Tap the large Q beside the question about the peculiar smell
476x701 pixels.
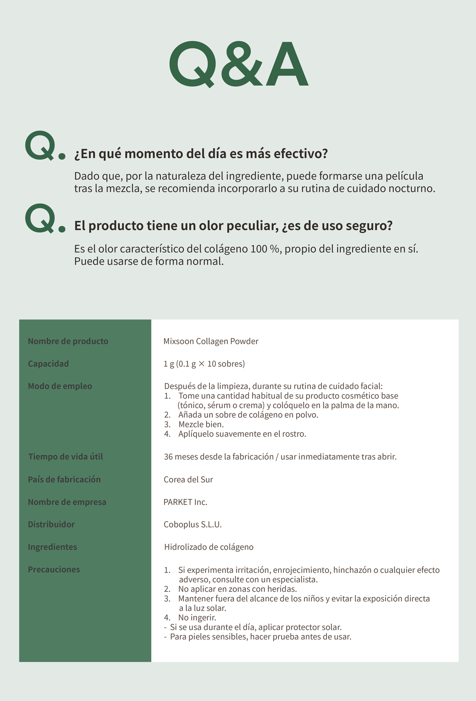click(x=40, y=218)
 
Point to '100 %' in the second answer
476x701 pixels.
click(x=265, y=249)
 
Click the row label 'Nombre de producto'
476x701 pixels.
click(x=68, y=341)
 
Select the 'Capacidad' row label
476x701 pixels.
click(x=48, y=364)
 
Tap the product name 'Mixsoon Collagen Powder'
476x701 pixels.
click(x=211, y=341)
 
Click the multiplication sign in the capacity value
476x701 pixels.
click(x=202, y=364)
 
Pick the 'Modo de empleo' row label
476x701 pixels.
click(x=60, y=386)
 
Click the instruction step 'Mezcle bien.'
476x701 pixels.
click(x=201, y=424)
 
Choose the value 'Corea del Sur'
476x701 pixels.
click(x=188, y=480)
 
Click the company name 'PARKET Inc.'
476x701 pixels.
click(x=186, y=502)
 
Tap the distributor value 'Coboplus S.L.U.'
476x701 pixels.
click(x=193, y=525)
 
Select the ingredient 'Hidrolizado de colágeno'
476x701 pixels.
click(x=209, y=547)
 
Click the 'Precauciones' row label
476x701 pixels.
click(x=54, y=570)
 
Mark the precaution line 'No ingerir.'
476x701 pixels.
click(x=197, y=618)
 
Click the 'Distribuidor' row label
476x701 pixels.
click(x=51, y=525)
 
